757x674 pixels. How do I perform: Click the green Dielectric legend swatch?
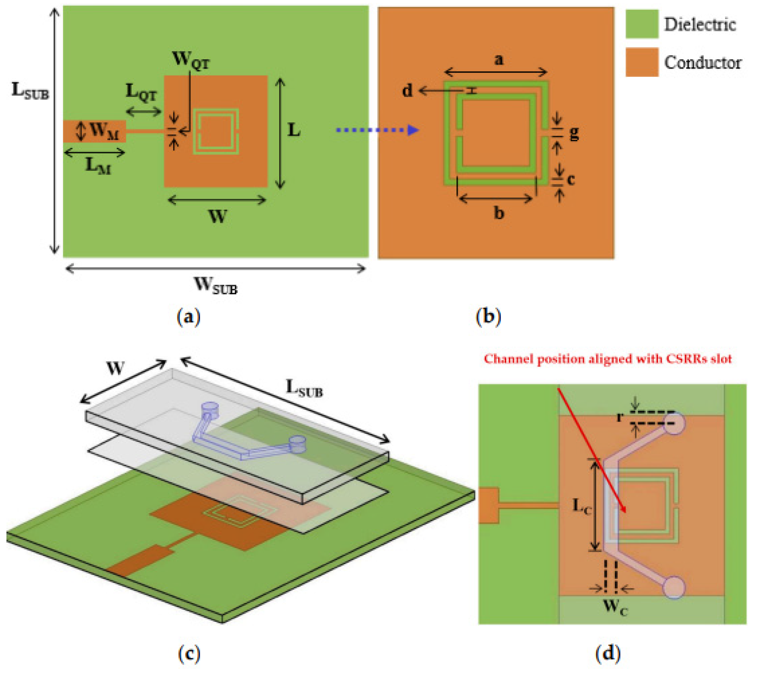(x=642, y=24)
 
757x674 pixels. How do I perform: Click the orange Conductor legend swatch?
(x=642, y=62)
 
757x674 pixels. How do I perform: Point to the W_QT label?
(x=191, y=60)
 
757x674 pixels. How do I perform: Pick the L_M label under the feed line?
(x=98, y=166)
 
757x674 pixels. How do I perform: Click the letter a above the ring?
(x=499, y=59)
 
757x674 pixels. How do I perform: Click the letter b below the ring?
(x=499, y=213)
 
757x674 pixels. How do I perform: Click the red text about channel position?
(x=608, y=359)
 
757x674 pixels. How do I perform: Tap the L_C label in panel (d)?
(x=582, y=505)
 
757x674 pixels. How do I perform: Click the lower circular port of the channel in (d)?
(x=674, y=587)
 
